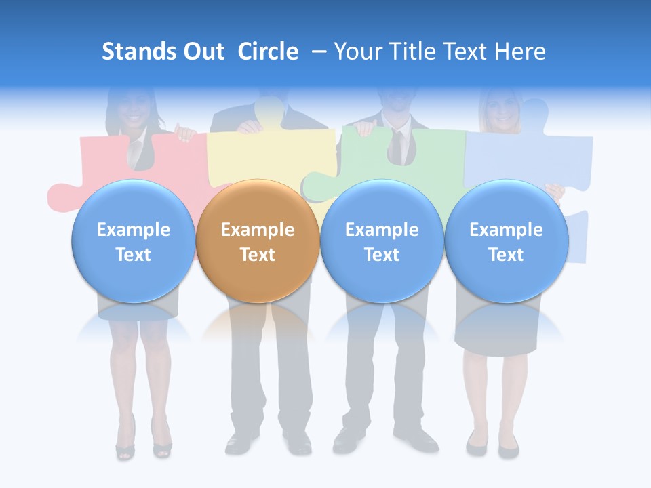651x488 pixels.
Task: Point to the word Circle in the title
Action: point(268,52)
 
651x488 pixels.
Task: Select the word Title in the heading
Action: point(413,52)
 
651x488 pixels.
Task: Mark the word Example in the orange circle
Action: point(258,230)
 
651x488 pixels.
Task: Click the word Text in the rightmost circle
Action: point(506,255)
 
